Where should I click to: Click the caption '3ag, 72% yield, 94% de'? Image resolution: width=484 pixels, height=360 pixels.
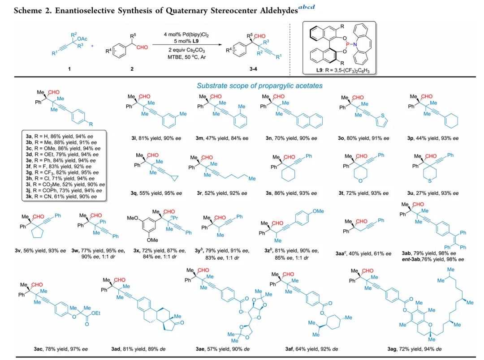[x=415, y=349]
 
